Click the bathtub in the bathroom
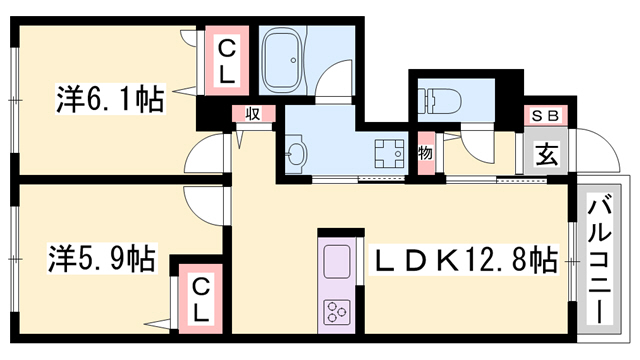point(282,60)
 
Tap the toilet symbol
point(443,100)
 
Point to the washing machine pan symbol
point(389,154)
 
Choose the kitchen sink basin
point(337,262)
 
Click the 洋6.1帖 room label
point(110,99)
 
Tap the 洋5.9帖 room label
point(102,258)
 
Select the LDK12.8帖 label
point(463,260)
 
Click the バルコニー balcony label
point(599,259)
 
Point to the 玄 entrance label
point(547,155)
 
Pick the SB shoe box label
point(545,116)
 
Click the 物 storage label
point(425,154)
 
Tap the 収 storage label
point(253,113)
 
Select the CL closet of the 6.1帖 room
point(227,61)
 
